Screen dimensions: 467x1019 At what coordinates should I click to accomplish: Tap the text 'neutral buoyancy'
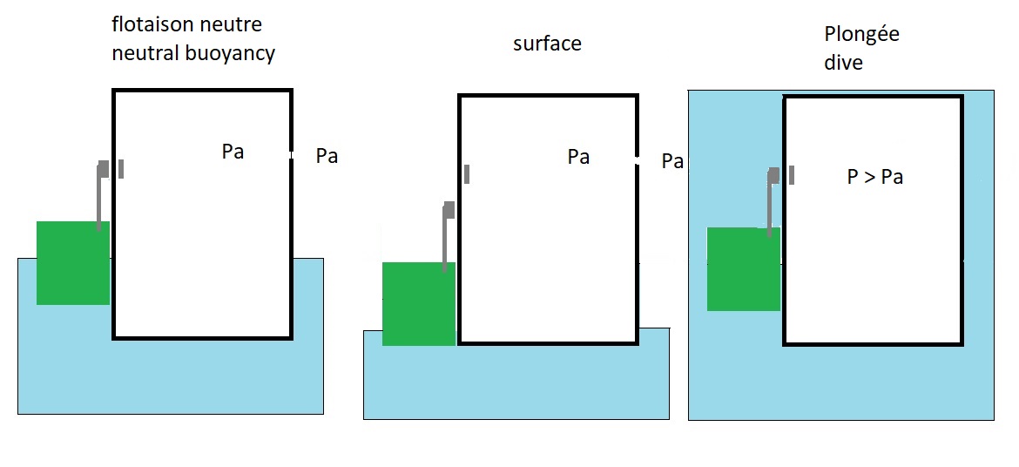pyautogui.click(x=193, y=53)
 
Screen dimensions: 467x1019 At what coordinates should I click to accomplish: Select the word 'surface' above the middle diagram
pyautogui.click(x=547, y=43)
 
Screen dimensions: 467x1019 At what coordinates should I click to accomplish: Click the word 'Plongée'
pyautogui.click(x=861, y=35)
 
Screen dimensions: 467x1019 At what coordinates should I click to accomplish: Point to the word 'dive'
pyautogui.click(x=843, y=63)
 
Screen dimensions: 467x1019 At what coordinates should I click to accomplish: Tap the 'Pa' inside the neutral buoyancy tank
pyautogui.click(x=233, y=152)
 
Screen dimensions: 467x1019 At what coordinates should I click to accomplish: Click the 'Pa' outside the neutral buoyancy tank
pyautogui.click(x=327, y=157)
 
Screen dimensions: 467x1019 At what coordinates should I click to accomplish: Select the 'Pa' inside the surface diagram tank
pyautogui.click(x=578, y=157)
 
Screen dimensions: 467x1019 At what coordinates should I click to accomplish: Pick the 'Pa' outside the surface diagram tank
pyautogui.click(x=672, y=161)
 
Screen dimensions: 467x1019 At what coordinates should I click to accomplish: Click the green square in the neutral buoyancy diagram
pyautogui.click(x=73, y=263)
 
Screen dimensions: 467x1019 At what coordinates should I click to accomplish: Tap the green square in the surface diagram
pyautogui.click(x=419, y=304)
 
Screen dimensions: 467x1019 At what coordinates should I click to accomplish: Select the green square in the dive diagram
pyautogui.click(x=743, y=269)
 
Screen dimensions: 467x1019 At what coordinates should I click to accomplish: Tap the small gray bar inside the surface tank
pyautogui.click(x=467, y=174)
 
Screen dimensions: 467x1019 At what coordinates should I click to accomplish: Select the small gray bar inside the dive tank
pyautogui.click(x=792, y=174)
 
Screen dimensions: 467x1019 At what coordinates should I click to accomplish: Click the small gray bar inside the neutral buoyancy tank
pyautogui.click(x=120, y=168)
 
